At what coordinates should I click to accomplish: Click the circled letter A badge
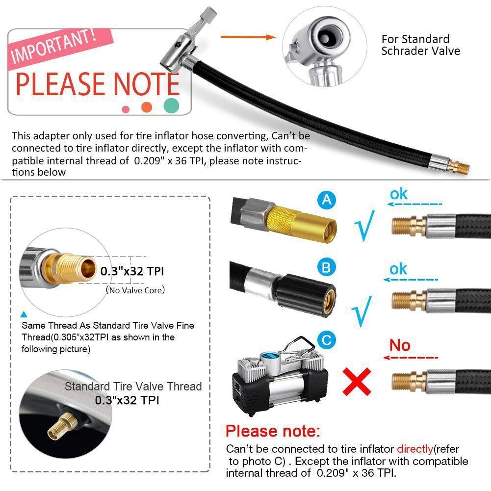328,200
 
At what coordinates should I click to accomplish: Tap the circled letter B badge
327,268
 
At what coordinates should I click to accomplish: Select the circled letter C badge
327,339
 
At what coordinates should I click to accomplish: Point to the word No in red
400,345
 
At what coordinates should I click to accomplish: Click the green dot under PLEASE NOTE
171,104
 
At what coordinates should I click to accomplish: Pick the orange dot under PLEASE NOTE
146,107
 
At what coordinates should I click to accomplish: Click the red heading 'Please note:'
272,431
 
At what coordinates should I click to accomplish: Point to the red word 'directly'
415,449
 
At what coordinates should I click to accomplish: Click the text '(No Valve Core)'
135,290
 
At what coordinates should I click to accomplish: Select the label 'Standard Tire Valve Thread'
133,386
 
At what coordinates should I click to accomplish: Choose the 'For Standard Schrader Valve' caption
420,45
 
